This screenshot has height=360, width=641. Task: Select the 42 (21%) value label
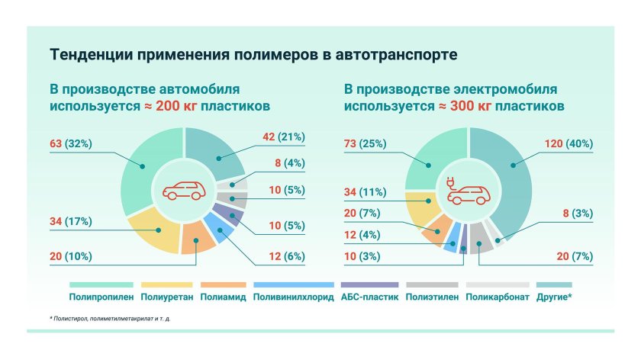pyautogui.click(x=282, y=137)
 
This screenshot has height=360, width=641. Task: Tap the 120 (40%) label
pyautogui.click(x=569, y=143)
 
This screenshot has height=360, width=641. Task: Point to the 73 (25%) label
pyautogui.click(x=366, y=143)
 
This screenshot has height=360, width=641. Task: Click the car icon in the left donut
pyautogui.click(x=184, y=191)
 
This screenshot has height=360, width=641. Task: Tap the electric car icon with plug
pyautogui.click(x=466, y=191)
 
